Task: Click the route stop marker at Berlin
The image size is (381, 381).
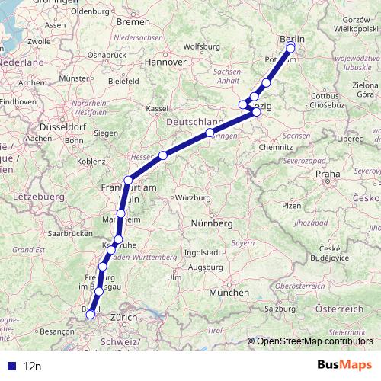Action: (290, 49)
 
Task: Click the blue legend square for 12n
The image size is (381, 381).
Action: (10, 366)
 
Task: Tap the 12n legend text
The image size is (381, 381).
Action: (32, 366)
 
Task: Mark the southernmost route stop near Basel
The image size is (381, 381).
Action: (90, 313)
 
